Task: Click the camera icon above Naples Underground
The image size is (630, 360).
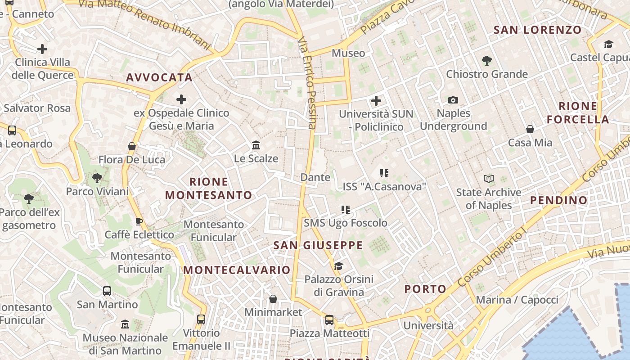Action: pyautogui.click(x=453, y=100)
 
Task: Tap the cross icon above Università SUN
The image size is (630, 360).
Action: pyautogui.click(x=376, y=101)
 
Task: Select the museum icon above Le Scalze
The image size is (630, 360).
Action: pyautogui.click(x=256, y=145)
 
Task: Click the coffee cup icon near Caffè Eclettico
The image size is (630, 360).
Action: pyautogui.click(x=139, y=221)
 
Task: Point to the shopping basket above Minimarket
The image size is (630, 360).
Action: pyautogui.click(x=273, y=299)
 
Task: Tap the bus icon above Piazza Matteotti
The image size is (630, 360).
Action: pyautogui.click(x=329, y=320)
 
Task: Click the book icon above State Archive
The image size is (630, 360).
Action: pyautogui.click(x=488, y=179)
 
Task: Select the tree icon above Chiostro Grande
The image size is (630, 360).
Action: pyautogui.click(x=486, y=60)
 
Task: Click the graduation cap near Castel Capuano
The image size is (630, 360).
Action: pyautogui.click(x=608, y=44)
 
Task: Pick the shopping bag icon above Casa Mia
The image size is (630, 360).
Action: pyautogui.click(x=530, y=129)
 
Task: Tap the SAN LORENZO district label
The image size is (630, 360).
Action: pyautogui.click(x=537, y=30)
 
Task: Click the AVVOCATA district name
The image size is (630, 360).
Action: pyautogui.click(x=159, y=77)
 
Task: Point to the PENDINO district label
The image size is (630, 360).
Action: pyautogui.click(x=559, y=200)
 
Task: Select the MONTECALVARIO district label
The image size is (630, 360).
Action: pyautogui.click(x=237, y=270)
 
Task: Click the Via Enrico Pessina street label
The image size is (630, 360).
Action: pyautogui.click(x=308, y=83)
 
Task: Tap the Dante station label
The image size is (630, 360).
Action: pyautogui.click(x=315, y=177)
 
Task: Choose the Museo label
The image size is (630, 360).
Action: pyautogui.click(x=348, y=53)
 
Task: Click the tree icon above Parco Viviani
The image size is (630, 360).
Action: pyautogui.click(x=97, y=178)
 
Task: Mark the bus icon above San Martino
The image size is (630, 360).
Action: pyautogui.click(x=107, y=291)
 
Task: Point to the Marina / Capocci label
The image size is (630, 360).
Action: pyautogui.click(x=517, y=300)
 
